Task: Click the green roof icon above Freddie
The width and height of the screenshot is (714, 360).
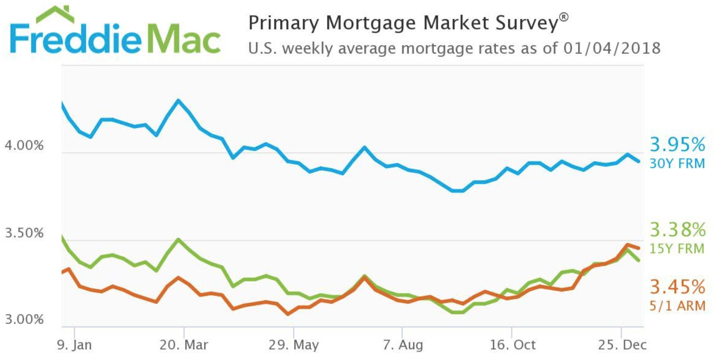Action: pos(55,15)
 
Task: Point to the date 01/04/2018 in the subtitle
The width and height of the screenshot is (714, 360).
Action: pos(612,48)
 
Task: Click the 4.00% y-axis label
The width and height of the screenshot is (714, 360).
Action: pos(24,145)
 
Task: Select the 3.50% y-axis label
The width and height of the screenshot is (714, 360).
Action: pos(24,233)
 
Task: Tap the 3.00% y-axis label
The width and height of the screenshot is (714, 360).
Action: pos(24,319)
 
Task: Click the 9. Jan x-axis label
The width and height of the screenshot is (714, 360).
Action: pos(74,345)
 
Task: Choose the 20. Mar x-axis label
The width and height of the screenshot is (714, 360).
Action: pos(184,345)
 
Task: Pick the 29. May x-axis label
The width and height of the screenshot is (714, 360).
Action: pos(293,345)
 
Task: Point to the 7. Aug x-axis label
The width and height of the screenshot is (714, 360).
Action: pos(402,345)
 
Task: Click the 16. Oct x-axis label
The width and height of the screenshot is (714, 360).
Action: pos(512,345)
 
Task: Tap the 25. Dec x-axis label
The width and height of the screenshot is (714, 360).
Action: pos(622,345)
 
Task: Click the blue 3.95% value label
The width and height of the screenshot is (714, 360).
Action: pos(677,145)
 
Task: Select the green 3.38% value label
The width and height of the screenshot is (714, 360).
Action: pos(677,230)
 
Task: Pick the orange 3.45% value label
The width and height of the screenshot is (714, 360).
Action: pos(677,287)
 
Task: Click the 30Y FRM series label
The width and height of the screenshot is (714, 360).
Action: pos(677,163)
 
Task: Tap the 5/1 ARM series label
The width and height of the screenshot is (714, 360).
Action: pos(677,306)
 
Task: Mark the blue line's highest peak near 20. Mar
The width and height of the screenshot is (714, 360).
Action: pos(178,100)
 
